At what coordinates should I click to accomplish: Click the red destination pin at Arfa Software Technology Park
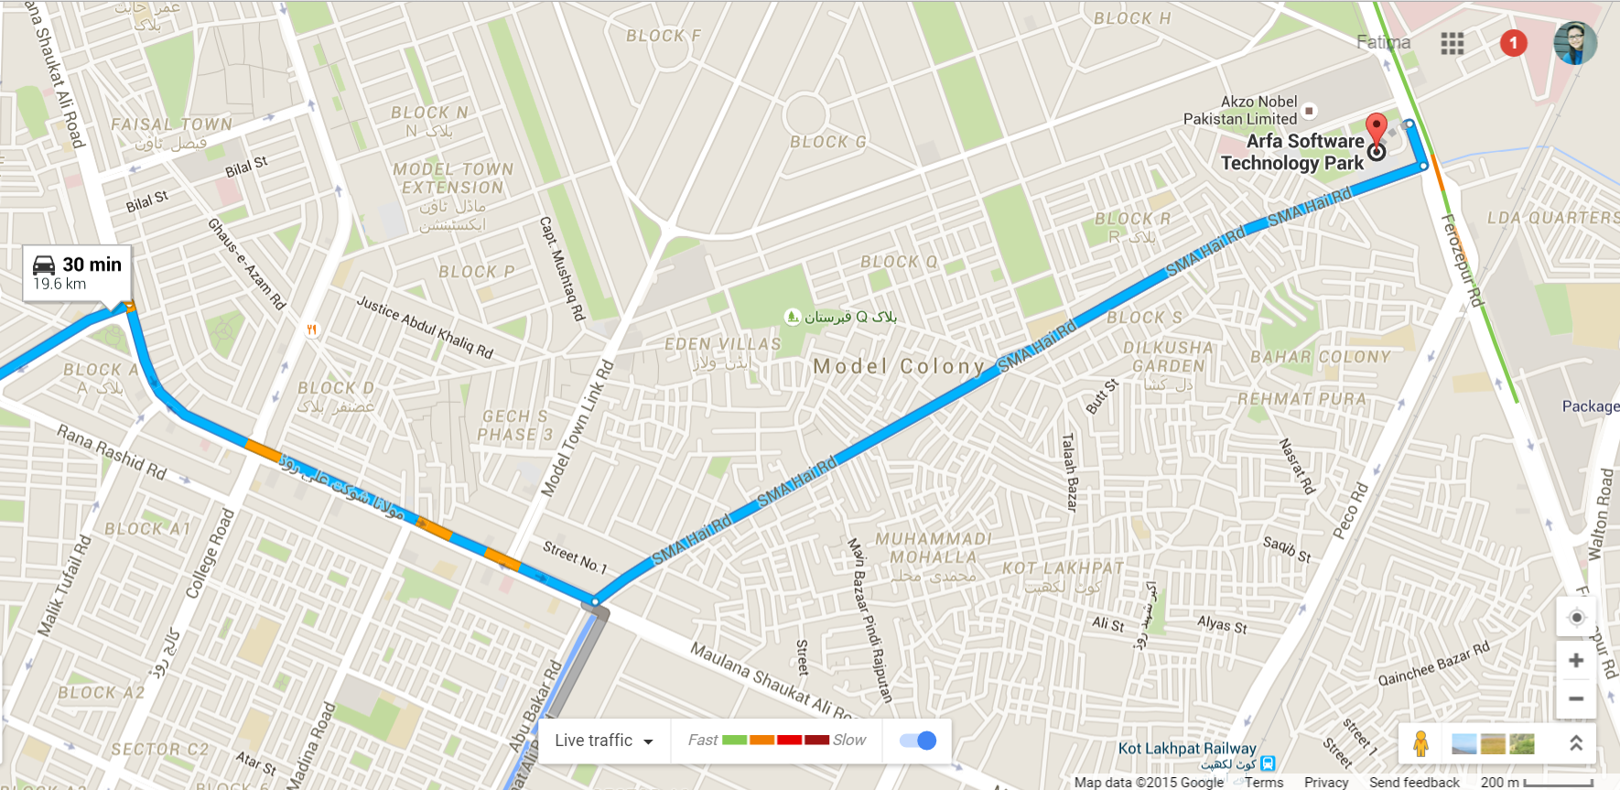point(1376,128)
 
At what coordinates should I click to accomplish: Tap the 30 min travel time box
point(77,273)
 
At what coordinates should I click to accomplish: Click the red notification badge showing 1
point(1513,42)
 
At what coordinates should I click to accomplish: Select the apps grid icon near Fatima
point(1452,43)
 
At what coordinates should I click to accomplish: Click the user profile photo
point(1575,42)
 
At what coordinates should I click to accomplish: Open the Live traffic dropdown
point(604,741)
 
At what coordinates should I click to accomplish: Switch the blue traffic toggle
point(918,741)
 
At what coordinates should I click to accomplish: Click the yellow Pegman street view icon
point(1420,743)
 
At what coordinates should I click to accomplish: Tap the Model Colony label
point(899,366)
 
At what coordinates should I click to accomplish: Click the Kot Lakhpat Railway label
point(1187,749)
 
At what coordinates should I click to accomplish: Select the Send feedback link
point(1414,783)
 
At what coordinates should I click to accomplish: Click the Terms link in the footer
point(1264,783)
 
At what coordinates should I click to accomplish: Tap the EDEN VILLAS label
point(722,344)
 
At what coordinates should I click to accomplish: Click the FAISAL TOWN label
point(171,124)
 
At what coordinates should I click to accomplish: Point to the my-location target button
point(1576,617)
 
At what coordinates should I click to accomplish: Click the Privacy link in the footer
point(1325,783)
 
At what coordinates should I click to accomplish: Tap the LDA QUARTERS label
point(1552,218)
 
